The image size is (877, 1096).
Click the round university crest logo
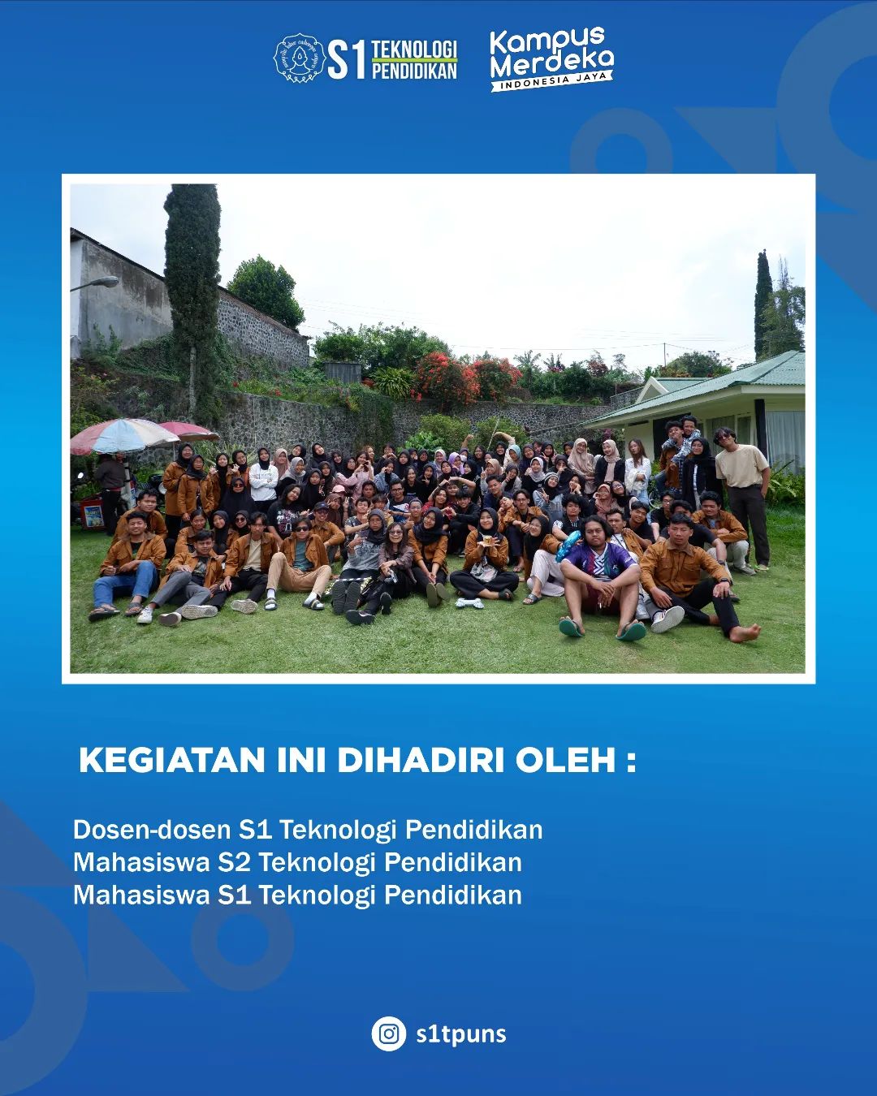(x=299, y=58)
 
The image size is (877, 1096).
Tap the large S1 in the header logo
(x=347, y=61)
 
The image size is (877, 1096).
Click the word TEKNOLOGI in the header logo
(x=414, y=50)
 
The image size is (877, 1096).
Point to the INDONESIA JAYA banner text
(x=553, y=81)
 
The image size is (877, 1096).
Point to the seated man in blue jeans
(x=128, y=567)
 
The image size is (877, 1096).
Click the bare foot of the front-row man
(x=745, y=633)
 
